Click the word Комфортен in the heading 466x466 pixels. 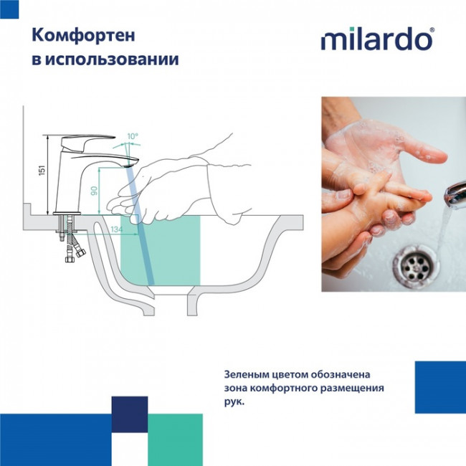(74, 35)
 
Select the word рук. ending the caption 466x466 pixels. (234, 402)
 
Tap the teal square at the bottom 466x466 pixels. (175, 439)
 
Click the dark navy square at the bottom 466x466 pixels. (129, 414)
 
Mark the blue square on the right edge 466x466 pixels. (440, 387)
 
